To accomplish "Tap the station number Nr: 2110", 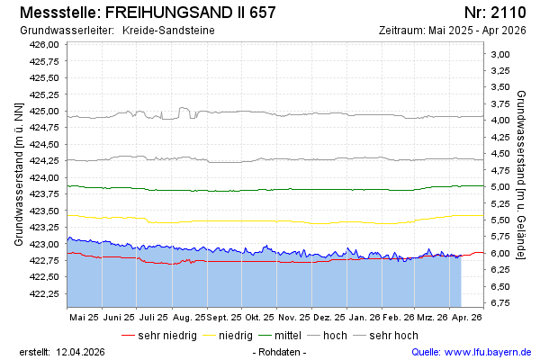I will click(494, 13).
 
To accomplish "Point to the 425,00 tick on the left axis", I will click(44, 111).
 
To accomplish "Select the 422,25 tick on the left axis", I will click(44, 293).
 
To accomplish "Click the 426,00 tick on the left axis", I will click(44, 44).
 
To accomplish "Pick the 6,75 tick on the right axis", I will click(499, 303).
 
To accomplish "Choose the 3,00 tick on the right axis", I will click(499, 54).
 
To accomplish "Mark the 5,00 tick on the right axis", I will click(499, 187).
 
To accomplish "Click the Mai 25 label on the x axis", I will click(84, 318).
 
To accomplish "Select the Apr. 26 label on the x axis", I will click(466, 318).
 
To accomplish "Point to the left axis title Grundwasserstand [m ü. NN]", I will click(18, 174).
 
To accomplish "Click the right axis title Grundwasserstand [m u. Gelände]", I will click(522, 174).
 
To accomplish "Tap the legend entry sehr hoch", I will click(393, 336).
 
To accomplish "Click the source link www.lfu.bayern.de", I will click(489, 351).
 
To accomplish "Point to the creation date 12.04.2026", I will click(85, 351).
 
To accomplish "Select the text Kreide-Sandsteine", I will click(175, 31).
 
